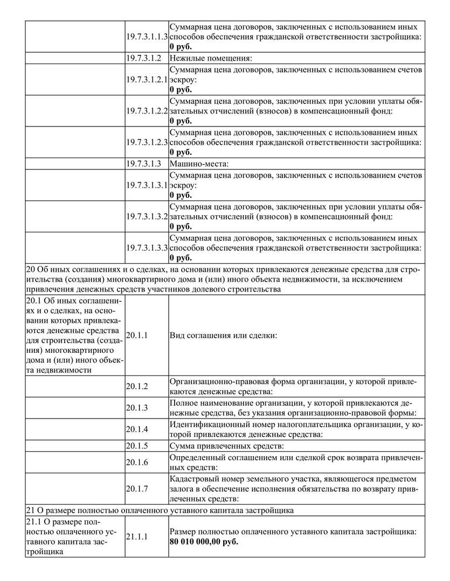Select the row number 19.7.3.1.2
coord(144,58)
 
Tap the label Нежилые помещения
coord(211,58)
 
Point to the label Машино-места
coord(199,164)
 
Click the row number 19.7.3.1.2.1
coord(147,80)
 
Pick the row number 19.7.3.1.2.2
coord(147,111)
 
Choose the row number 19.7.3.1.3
coord(144,164)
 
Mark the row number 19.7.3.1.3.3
coord(147,248)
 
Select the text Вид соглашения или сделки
coord(223,335)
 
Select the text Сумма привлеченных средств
coord(226,445)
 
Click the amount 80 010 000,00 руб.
coord(204,541)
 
